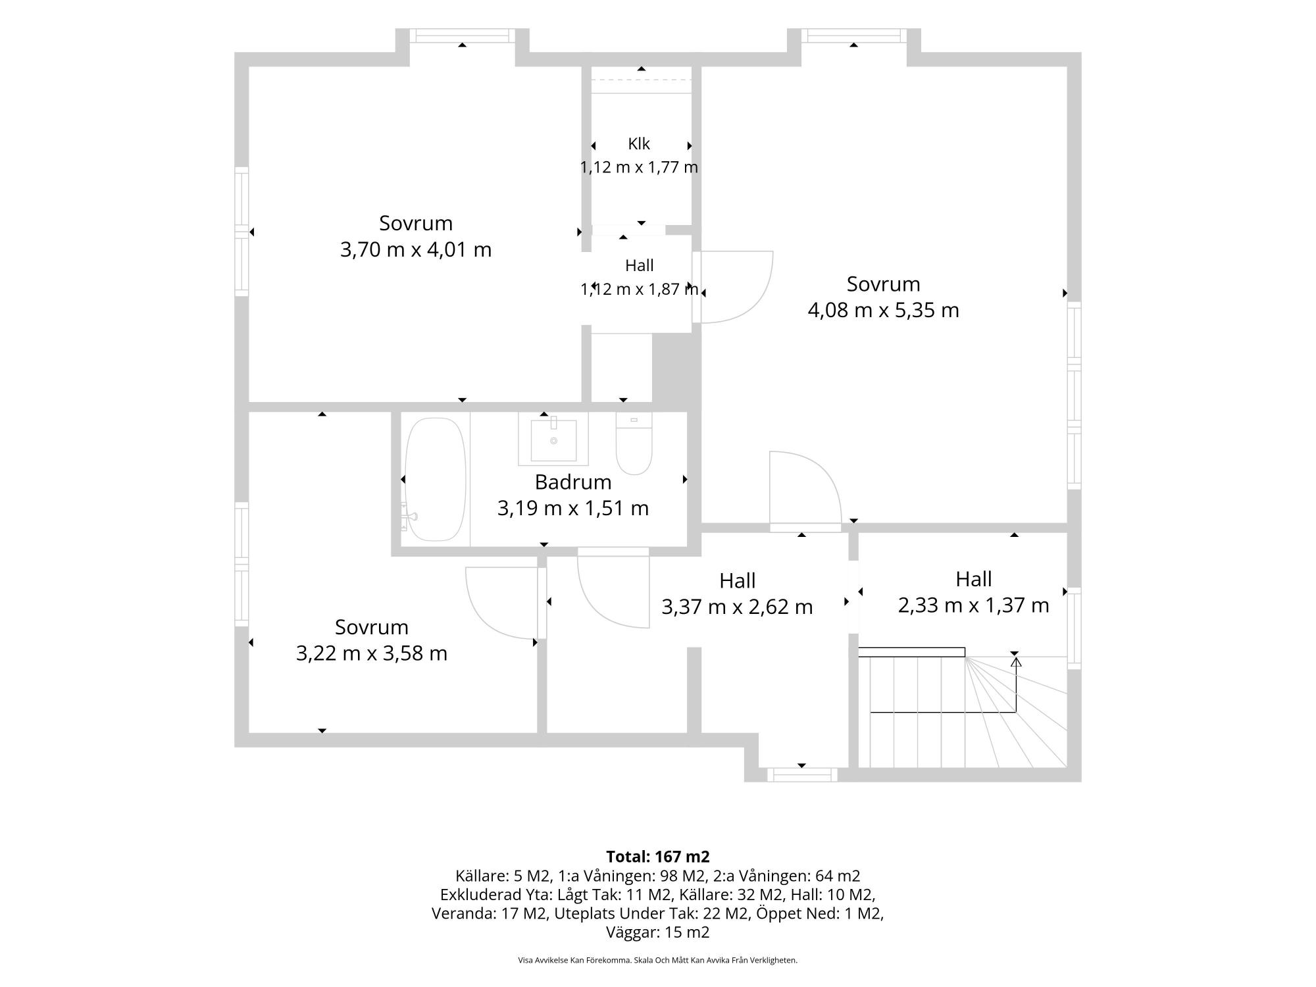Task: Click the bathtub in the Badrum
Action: [436, 480]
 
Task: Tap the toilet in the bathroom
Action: [634, 443]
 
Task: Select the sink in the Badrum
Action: [553, 439]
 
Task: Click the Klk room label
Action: [639, 143]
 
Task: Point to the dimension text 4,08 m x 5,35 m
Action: [883, 310]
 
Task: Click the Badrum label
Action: [573, 482]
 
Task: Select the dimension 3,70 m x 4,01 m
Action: [416, 250]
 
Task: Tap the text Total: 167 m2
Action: [658, 857]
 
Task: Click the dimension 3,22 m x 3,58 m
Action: [372, 653]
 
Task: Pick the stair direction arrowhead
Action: [1016, 661]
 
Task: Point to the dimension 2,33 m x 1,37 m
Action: [973, 605]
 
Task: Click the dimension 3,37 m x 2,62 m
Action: [737, 607]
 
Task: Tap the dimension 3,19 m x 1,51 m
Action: [573, 509]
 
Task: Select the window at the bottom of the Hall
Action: [802, 775]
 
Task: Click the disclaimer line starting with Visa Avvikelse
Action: [658, 960]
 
